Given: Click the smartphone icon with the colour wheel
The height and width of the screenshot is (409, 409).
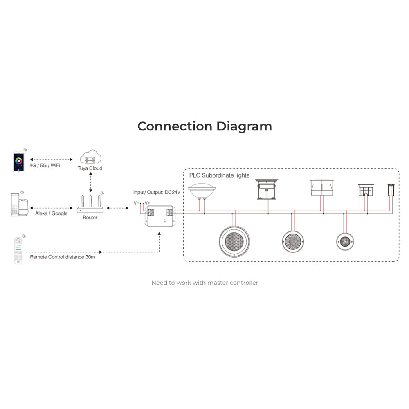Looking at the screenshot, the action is tap(19, 162).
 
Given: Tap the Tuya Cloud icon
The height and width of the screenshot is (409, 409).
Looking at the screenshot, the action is tap(90, 157).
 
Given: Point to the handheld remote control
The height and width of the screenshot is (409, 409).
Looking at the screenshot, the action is tap(18, 250).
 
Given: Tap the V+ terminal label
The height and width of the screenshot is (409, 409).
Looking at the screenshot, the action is tap(147, 203).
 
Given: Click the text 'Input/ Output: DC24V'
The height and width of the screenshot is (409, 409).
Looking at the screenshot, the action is tap(157, 193).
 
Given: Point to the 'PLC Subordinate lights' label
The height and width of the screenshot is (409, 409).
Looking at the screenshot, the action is tap(219, 175).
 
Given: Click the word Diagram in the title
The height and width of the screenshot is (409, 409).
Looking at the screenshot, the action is tap(244, 127).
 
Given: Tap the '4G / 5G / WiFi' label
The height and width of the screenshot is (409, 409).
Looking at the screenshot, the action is tap(45, 166).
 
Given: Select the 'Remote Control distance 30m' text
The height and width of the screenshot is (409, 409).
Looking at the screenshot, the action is tap(62, 257).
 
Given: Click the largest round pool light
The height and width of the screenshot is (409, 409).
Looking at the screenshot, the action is tap(234, 241).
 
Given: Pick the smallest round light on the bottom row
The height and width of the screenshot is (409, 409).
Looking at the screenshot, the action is tap(345, 242).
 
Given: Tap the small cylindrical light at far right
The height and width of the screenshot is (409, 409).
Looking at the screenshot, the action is tap(391, 190).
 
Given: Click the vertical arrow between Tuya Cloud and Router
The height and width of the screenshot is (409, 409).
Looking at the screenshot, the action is tap(90, 182).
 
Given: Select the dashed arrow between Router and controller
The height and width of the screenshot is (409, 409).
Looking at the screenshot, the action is tap(118, 208).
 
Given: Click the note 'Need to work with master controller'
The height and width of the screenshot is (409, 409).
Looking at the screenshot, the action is tap(205, 283).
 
